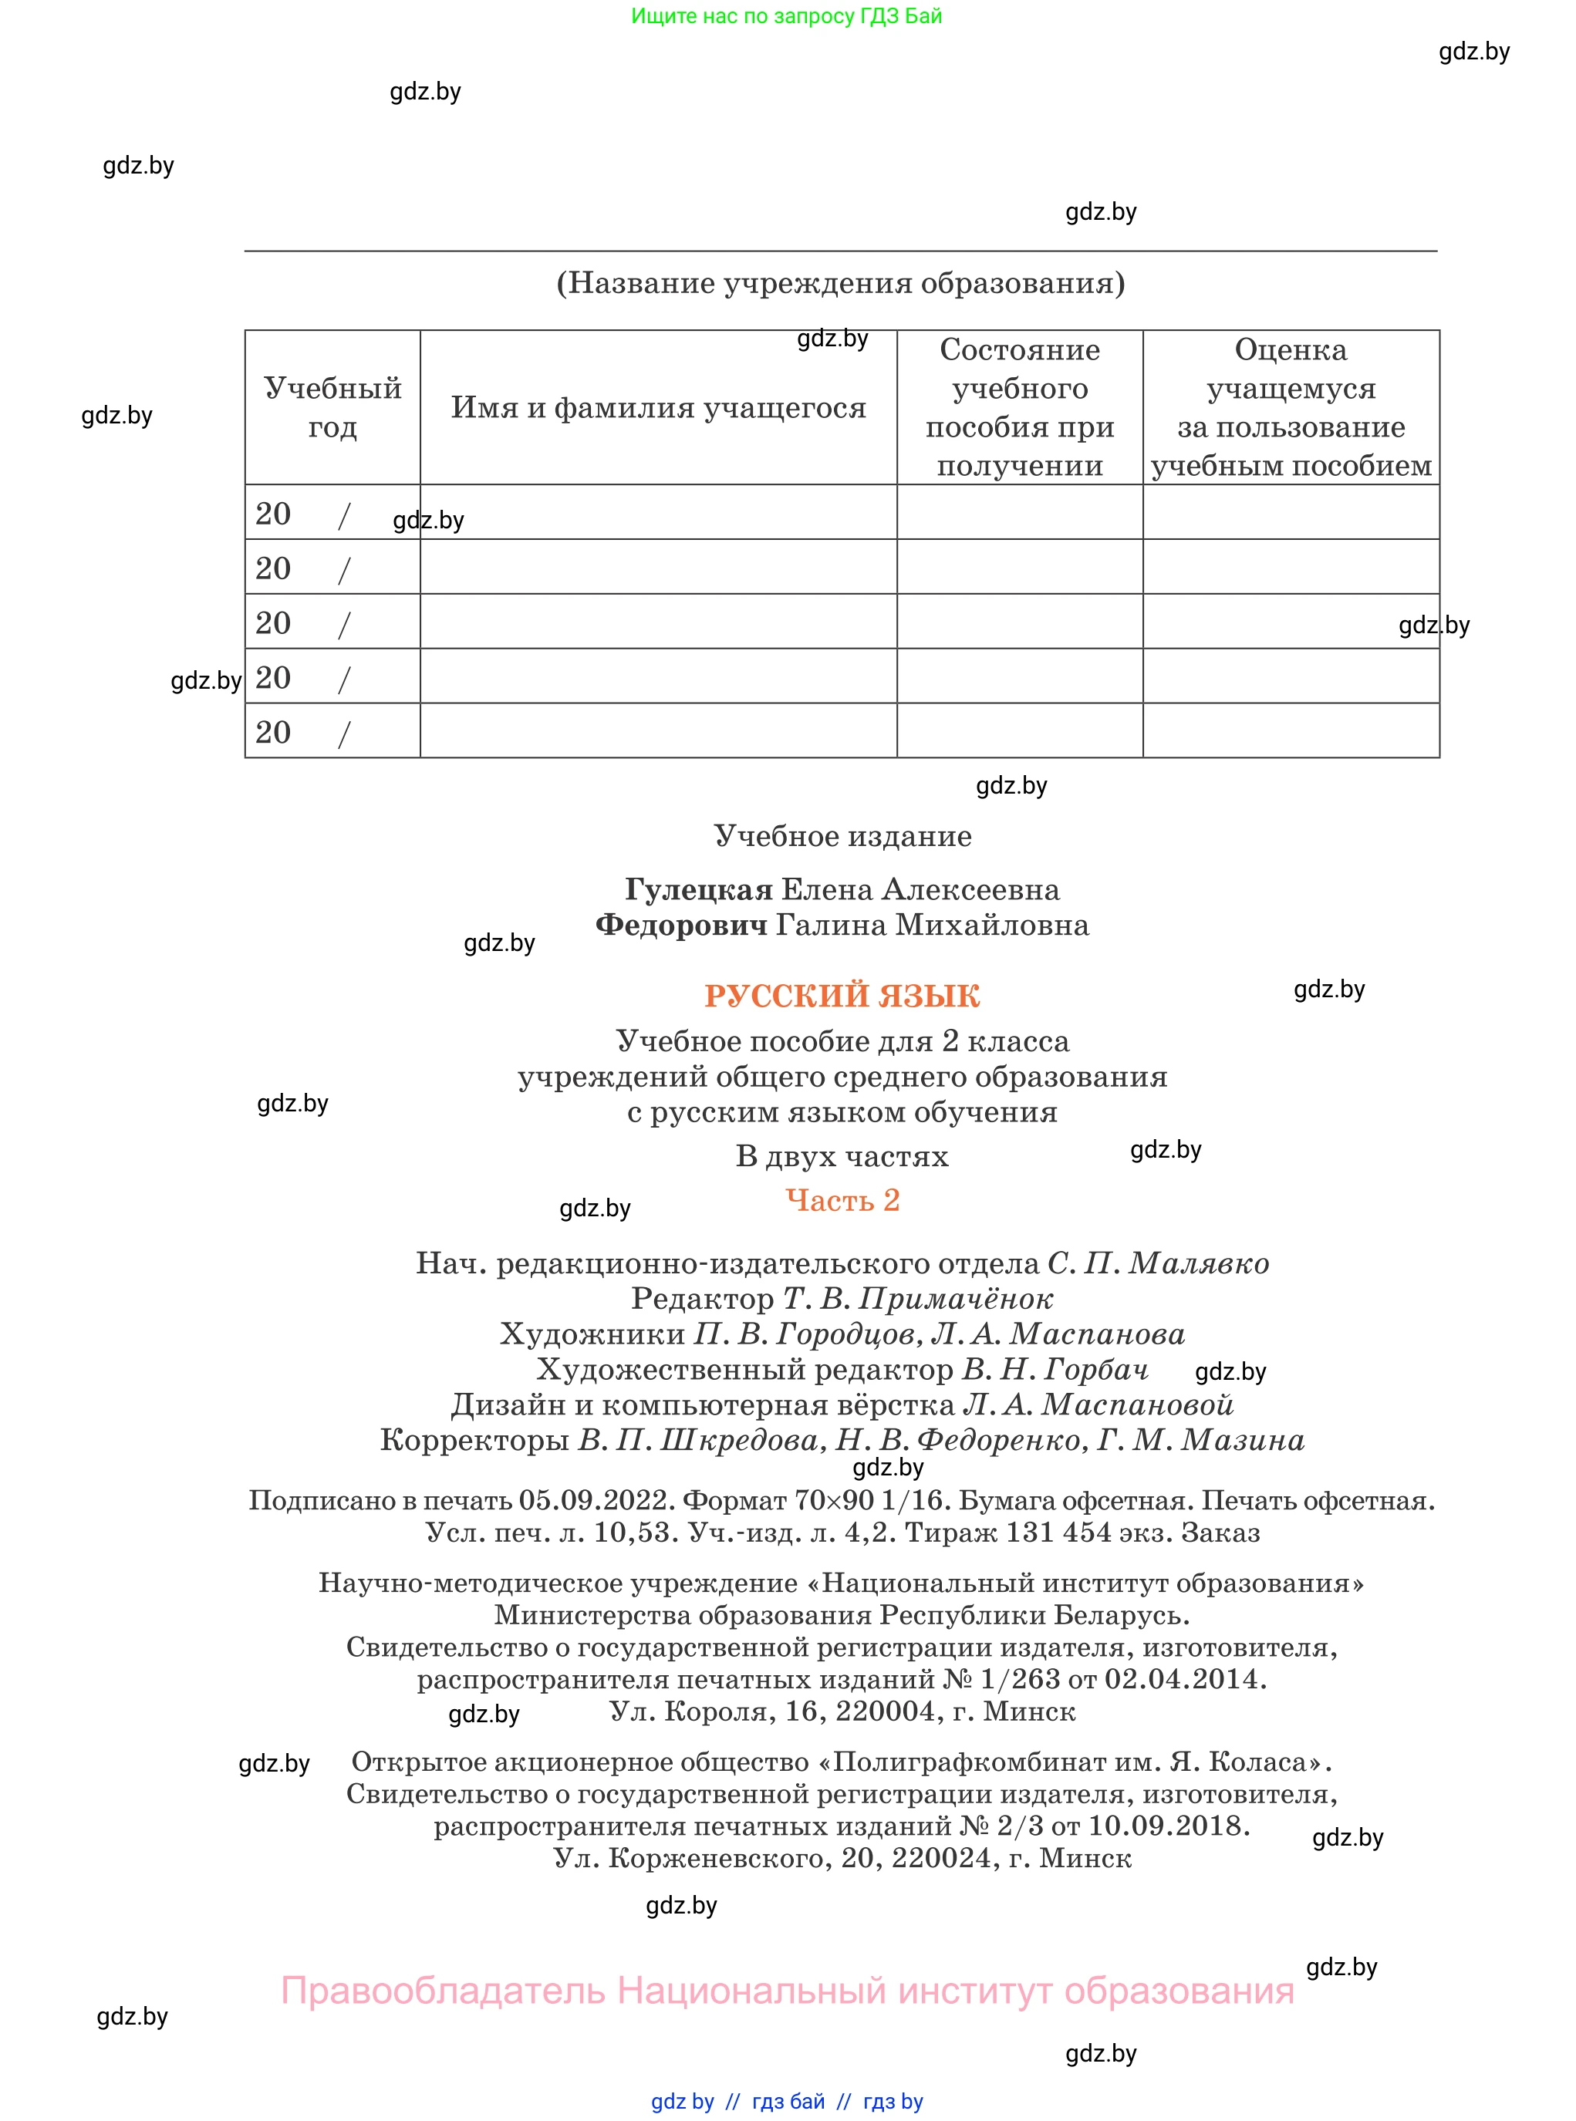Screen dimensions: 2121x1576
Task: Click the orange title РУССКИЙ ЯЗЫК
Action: (842, 996)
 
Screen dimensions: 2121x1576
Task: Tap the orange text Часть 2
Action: (842, 1200)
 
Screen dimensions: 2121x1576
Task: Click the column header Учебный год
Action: (332, 407)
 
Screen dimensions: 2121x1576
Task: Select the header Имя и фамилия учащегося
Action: (658, 408)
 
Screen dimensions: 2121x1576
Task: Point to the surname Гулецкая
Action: (698, 890)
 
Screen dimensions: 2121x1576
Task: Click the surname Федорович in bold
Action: (681, 925)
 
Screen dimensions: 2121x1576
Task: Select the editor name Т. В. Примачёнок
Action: (919, 1299)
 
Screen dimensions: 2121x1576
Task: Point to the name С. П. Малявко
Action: (1158, 1263)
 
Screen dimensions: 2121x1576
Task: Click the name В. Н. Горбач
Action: (1055, 1370)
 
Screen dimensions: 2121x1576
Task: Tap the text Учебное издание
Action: (842, 836)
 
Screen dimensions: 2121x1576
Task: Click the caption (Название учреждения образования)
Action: (841, 283)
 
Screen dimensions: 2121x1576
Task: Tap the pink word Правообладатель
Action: (443, 1991)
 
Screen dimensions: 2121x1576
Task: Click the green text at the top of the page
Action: (786, 16)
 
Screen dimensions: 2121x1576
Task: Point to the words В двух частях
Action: (842, 1157)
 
